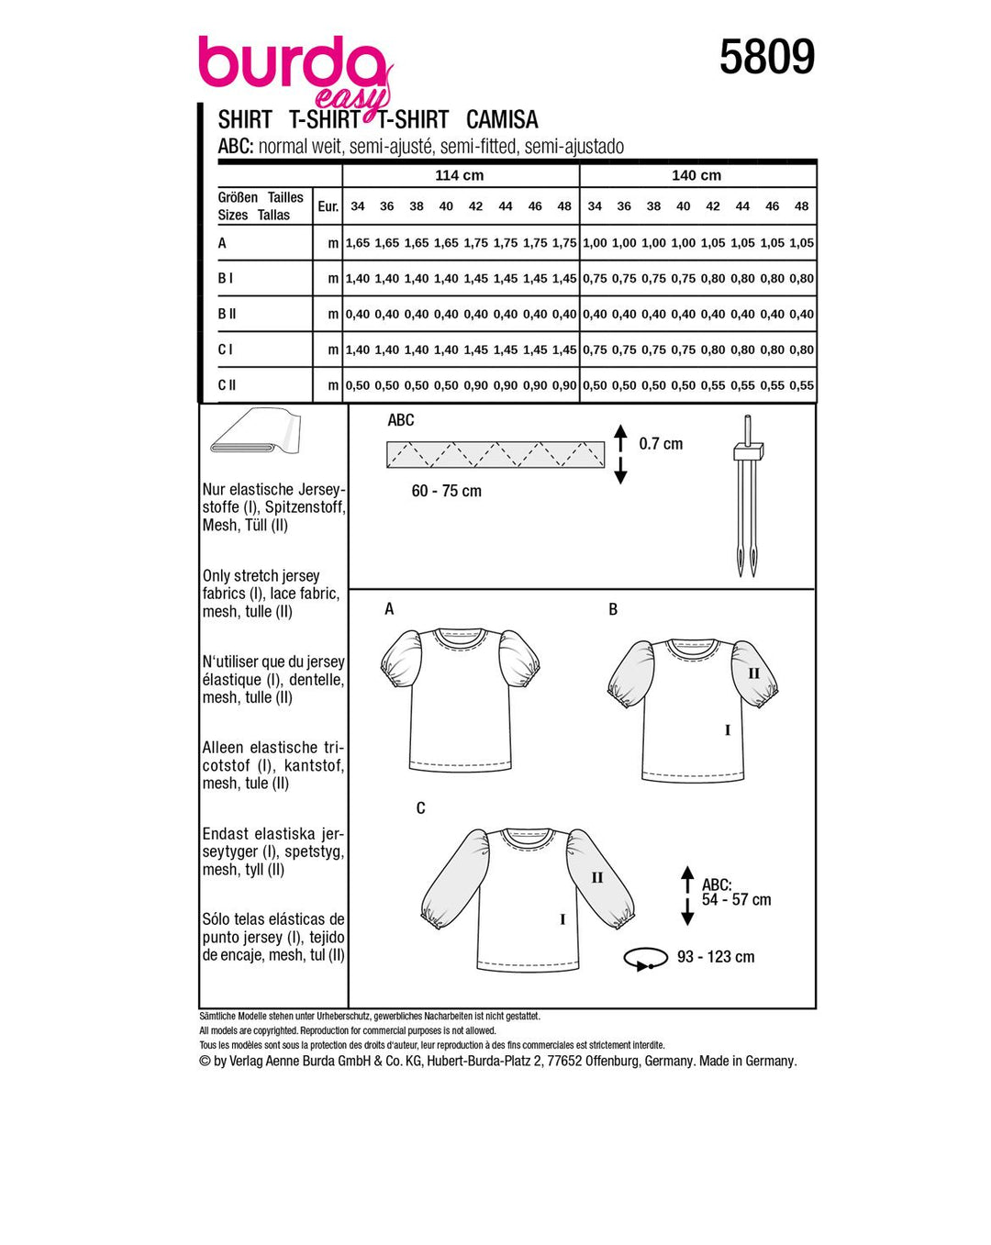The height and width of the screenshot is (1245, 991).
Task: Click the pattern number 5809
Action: (766, 57)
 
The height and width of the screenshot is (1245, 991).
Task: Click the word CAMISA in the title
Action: (502, 120)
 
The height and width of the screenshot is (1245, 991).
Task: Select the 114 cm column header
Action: (460, 175)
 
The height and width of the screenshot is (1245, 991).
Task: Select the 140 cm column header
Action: (696, 175)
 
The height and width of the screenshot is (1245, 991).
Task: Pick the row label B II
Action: (227, 314)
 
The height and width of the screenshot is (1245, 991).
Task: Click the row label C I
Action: (226, 350)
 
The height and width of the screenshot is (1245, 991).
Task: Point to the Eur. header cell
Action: (328, 206)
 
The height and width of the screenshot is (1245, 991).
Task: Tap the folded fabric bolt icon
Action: (255, 431)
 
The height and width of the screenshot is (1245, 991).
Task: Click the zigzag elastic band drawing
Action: (495, 454)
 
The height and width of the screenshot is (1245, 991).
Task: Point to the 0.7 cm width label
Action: (661, 444)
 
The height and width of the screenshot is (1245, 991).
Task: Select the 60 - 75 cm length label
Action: (447, 491)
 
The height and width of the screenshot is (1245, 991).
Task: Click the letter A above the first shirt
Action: (389, 609)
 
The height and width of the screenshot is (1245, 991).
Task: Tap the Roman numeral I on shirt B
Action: (728, 730)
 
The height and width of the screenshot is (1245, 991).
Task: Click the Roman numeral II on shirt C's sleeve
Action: (597, 878)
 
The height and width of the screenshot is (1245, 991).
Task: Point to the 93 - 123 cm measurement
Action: (716, 957)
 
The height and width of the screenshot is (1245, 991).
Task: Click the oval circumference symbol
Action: (645, 959)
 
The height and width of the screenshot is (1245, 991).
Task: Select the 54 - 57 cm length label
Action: (736, 900)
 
